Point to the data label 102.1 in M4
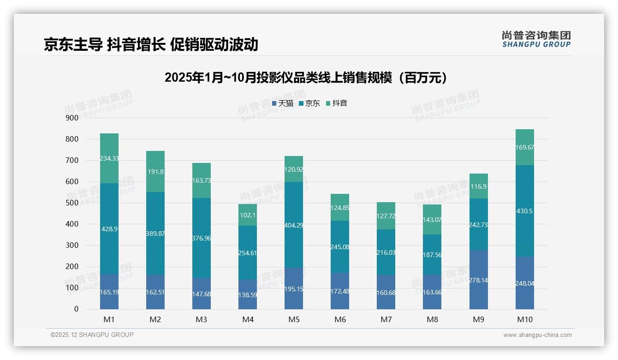[248, 215]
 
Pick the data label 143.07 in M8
[432, 220]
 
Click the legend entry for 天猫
[283, 103]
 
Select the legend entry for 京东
[309, 103]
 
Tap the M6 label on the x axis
[340, 320]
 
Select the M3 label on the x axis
[202, 320]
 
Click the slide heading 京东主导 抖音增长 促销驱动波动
[151, 44]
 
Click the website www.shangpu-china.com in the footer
[537, 335]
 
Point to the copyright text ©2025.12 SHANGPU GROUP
[92, 335]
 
